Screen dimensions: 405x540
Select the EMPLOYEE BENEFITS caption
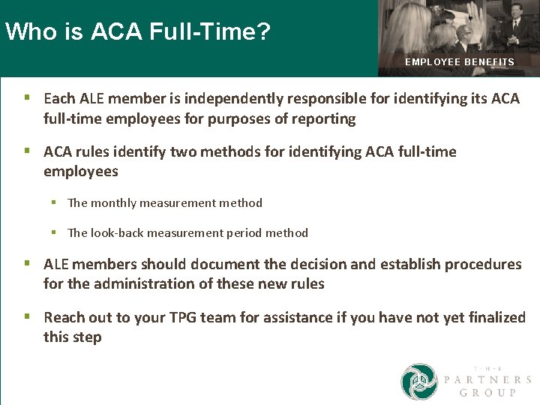tap(460, 62)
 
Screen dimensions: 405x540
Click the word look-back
tap(117, 232)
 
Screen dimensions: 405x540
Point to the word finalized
tap(489, 318)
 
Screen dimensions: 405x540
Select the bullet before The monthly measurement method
tap(54, 202)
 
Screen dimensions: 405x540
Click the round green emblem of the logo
tap(418, 382)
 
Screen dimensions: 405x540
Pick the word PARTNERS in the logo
tap(487, 380)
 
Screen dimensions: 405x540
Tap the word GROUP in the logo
tap(487, 393)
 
